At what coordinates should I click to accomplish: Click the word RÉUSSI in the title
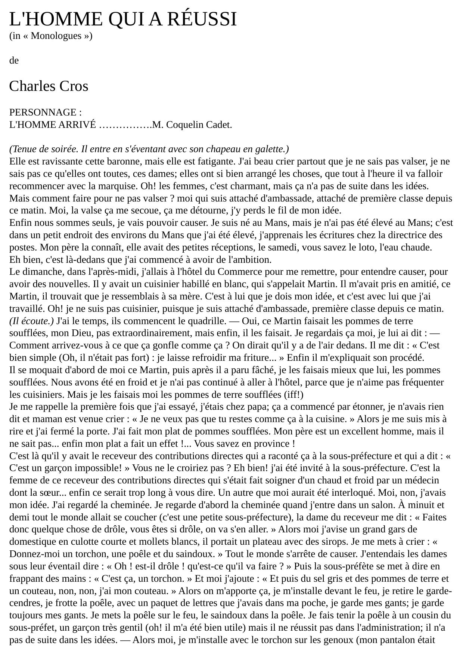[x=202, y=19]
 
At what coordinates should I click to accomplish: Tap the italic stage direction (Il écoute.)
[x=31, y=321]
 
